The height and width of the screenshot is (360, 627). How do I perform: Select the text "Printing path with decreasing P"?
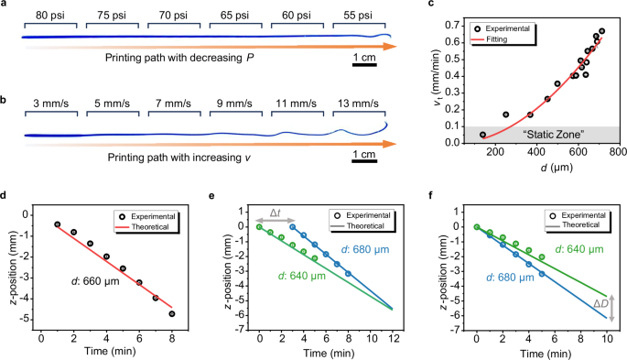point(184,63)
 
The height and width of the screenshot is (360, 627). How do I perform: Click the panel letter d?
point(7,196)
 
